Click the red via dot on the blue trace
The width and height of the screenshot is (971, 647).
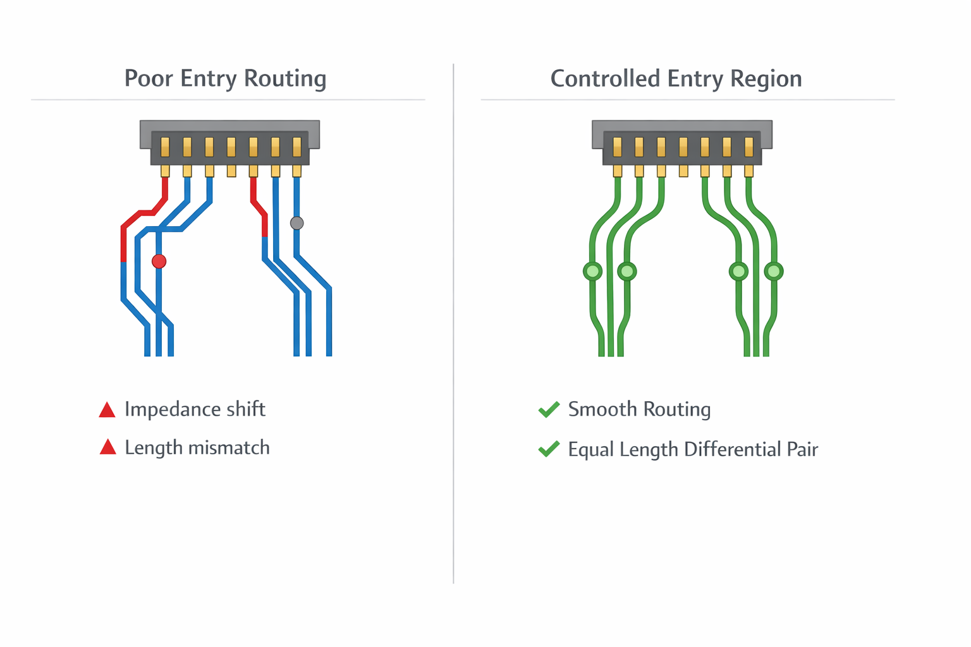pyautogui.click(x=159, y=261)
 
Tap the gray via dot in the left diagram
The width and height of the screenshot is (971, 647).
pyautogui.click(x=296, y=223)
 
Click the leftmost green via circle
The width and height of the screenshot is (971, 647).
pyautogui.click(x=592, y=272)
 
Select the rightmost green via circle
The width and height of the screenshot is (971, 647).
pyautogui.click(x=774, y=272)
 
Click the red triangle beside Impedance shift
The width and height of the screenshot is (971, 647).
pyautogui.click(x=107, y=410)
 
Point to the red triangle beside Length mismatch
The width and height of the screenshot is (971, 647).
pyautogui.click(x=108, y=447)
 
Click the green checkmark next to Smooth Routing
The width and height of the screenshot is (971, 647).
pyautogui.click(x=549, y=409)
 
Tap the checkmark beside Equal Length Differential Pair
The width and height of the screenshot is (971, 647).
pyautogui.click(x=549, y=449)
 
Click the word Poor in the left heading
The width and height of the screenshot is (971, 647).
pyautogui.click(x=149, y=78)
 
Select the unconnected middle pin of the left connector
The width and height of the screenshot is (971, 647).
pyautogui.click(x=231, y=171)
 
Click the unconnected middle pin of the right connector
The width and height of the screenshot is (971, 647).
pyautogui.click(x=683, y=171)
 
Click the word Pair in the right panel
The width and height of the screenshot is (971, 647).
pyautogui.click(x=802, y=449)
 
